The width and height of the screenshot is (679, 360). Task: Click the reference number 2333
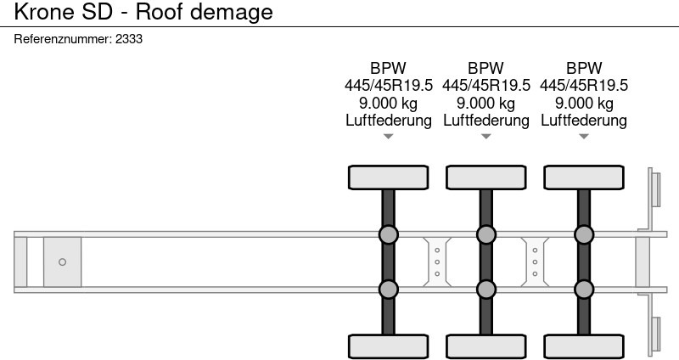tap(129, 39)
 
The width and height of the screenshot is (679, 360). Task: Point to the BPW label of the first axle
tap(388, 68)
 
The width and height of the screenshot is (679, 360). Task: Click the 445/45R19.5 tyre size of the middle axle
tap(485, 86)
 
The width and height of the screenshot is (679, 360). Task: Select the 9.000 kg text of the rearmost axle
tap(584, 103)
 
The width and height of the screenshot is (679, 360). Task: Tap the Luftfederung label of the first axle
tap(389, 120)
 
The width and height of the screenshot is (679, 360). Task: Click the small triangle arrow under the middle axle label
tap(485, 137)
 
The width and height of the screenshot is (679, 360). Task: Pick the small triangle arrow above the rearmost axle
tap(584, 137)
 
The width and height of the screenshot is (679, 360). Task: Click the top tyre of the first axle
tap(388, 177)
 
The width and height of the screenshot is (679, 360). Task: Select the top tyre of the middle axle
tap(485, 177)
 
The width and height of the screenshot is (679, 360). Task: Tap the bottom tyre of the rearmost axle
tap(584, 347)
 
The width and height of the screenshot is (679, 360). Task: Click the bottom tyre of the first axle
tap(388, 347)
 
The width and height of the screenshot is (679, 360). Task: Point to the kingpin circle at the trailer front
tap(62, 262)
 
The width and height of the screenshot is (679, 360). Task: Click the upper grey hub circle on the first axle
tap(389, 235)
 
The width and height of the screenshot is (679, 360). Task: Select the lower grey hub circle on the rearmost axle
tap(584, 289)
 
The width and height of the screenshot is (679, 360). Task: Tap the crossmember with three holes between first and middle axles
tap(437, 262)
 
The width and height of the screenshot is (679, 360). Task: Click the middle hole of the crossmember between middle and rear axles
tap(535, 262)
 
